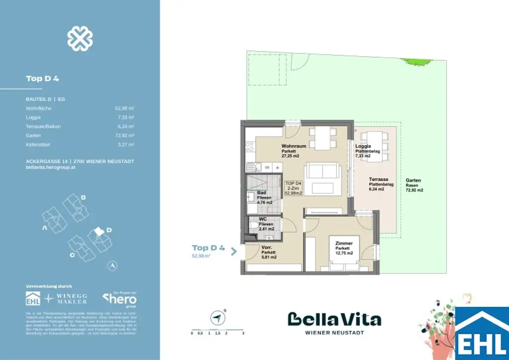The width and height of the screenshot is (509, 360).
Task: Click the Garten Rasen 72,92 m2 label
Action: [x=414, y=185]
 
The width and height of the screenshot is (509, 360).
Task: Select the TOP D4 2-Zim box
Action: [x=293, y=189]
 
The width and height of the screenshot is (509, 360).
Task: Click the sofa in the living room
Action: [x=322, y=171]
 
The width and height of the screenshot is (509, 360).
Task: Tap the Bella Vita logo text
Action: [x=334, y=319]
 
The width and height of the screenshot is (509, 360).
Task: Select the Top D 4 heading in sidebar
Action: [x=42, y=79]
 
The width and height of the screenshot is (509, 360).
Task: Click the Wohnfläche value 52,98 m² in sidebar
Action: [x=124, y=107]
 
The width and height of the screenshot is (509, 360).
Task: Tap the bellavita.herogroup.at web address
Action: [x=50, y=168]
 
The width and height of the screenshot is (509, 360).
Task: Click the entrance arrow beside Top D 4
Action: [x=234, y=251]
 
